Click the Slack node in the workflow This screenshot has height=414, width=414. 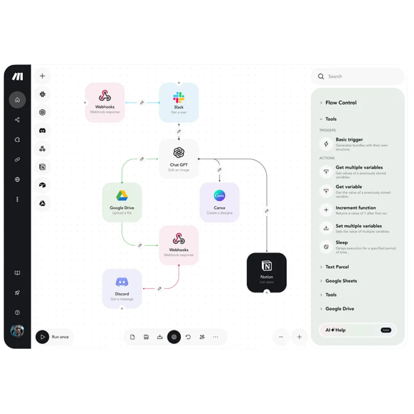point(179,102)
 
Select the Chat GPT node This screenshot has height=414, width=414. point(179,159)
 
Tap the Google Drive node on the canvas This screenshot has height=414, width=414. point(122,202)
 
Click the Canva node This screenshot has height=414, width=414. point(219,202)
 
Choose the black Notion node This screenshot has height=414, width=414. point(266,272)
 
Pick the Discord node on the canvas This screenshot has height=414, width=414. point(122,289)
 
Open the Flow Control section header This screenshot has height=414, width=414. point(341,103)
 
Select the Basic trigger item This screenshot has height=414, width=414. point(349,140)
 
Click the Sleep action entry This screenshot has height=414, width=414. point(342,243)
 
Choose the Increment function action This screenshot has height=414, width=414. point(355,208)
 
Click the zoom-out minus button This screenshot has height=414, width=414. point(281,337)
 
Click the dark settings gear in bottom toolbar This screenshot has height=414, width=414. point(174,337)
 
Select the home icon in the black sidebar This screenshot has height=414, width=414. point(17,100)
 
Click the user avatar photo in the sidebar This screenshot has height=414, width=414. point(17,331)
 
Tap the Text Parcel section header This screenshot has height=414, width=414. point(337,267)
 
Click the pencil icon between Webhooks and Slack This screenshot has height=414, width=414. point(142,102)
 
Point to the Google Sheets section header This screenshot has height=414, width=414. point(341,281)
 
